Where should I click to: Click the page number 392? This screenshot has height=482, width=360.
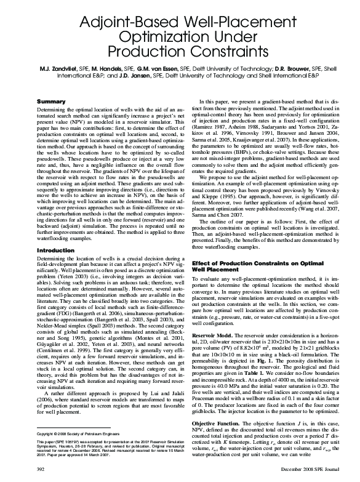click(42, 470)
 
